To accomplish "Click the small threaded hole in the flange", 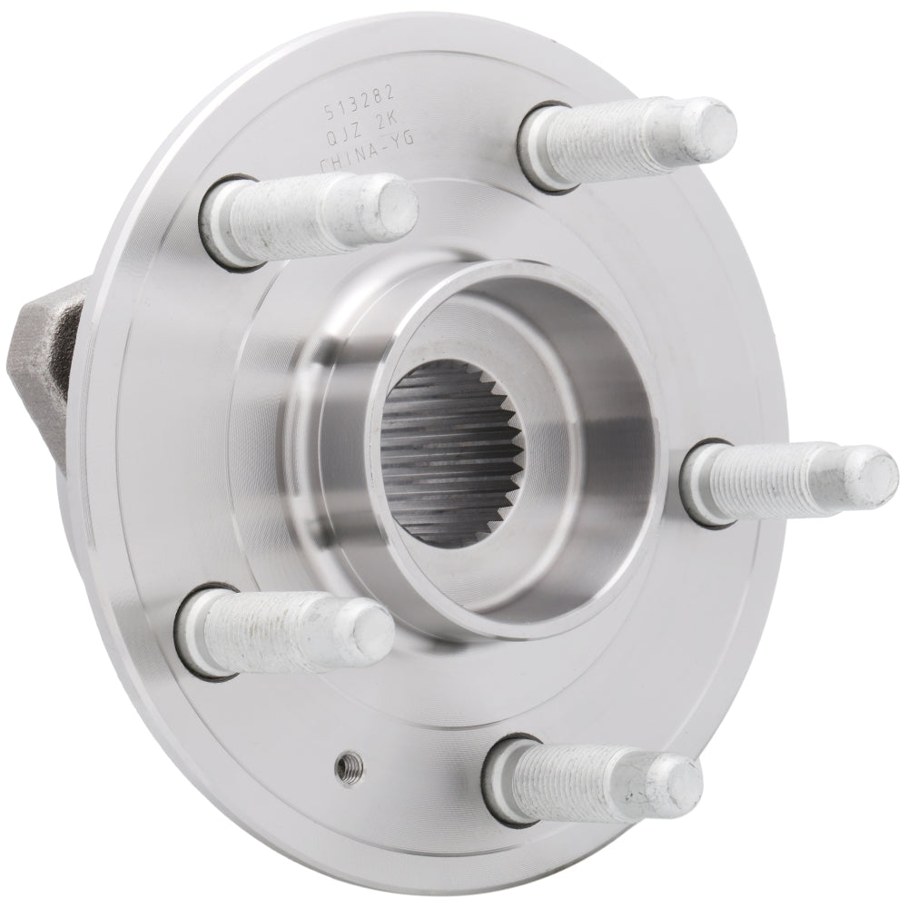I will (x=345, y=768).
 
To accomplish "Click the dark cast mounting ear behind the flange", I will (x=45, y=336).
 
